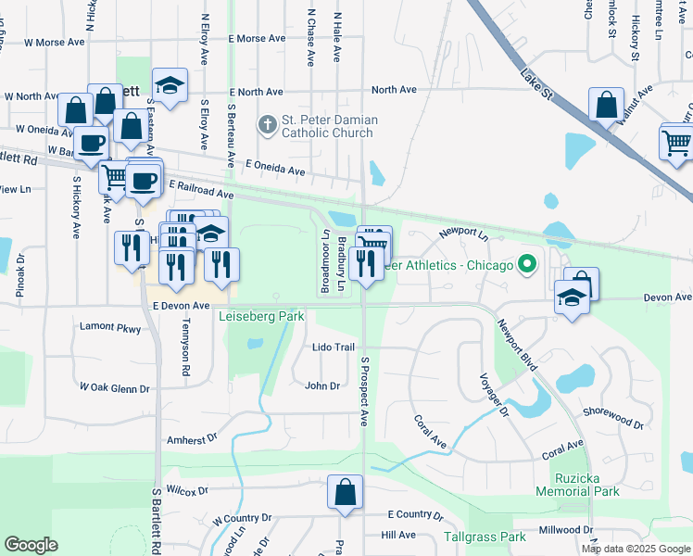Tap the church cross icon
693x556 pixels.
268,124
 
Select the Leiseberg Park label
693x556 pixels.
261,316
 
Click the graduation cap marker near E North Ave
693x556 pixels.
170,86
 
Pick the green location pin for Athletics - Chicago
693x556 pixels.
527,266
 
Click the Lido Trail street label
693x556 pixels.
334,347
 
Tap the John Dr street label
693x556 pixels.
322,385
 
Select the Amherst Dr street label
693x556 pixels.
192,438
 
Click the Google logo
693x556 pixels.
31,545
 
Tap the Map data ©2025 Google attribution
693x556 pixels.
636,549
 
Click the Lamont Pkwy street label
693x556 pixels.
110,328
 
